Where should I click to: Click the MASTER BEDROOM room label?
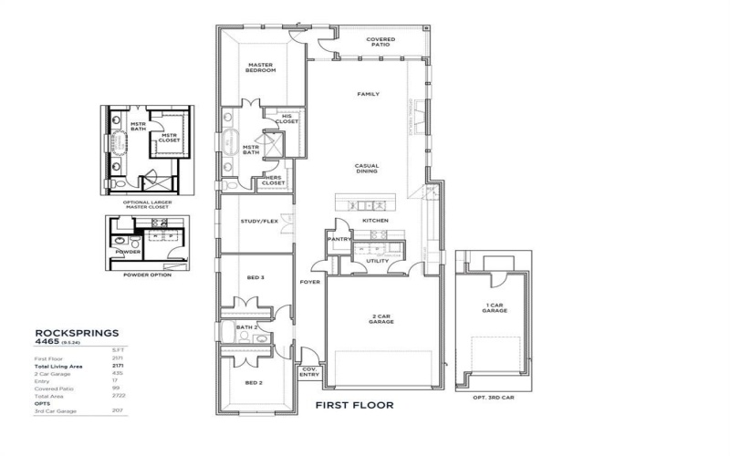(x=262, y=69)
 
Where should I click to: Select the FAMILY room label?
(x=368, y=94)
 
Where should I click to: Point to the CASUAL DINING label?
(x=368, y=170)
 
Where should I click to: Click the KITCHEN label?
(x=376, y=221)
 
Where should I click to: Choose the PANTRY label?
(x=339, y=240)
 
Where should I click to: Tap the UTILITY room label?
(x=377, y=261)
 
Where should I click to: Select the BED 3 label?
(x=255, y=277)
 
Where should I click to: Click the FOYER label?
(x=309, y=283)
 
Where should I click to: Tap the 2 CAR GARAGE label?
(x=381, y=321)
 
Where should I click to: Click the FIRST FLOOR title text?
(x=354, y=405)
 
